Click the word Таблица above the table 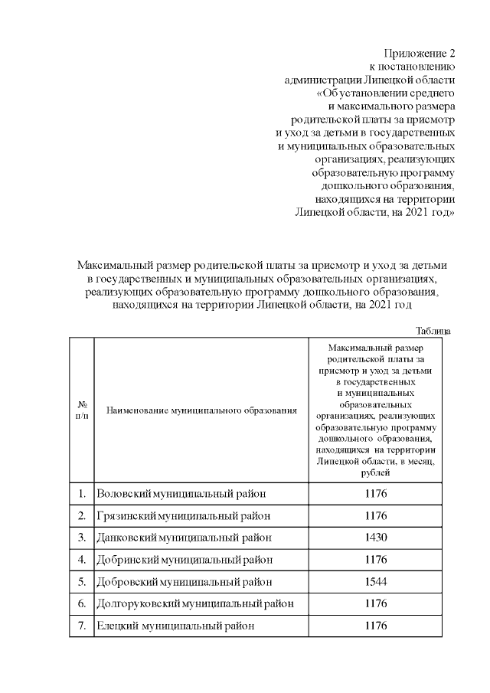[x=433, y=331]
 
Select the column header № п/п [x=81, y=410]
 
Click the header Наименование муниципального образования [x=201, y=410]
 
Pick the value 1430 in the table [x=375, y=538]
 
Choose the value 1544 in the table [x=375, y=581]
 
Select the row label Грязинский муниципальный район [x=183, y=516]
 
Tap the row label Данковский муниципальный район [x=184, y=538]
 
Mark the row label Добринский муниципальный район [x=185, y=560]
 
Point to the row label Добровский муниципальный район [x=185, y=581]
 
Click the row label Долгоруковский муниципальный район [x=195, y=603]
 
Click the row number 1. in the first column [x=81, y=494]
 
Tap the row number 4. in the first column [x=81, y=560]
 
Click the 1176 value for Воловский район [x=375, y=494]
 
